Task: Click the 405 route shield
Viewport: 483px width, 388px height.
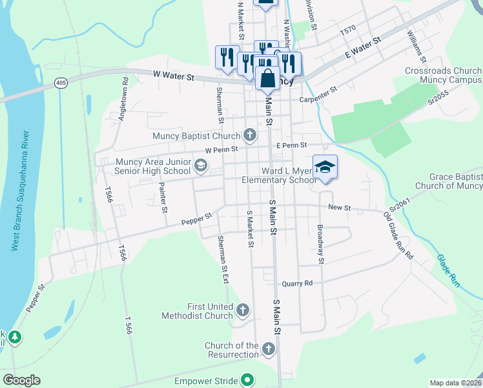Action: coord(61,83)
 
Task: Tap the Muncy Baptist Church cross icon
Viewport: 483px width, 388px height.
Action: coord(251,136)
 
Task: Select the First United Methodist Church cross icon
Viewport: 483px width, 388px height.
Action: coord(243,310)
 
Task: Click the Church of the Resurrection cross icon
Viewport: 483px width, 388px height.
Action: coord(269,349)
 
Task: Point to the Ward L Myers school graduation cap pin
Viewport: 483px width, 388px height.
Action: coord(325,167)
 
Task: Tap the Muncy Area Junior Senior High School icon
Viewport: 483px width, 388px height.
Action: coord(201,167)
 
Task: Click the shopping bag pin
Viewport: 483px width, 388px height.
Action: coord(267,78)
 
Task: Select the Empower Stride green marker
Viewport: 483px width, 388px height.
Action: coord(246,380)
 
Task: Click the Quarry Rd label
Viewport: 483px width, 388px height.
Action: coord(297,283)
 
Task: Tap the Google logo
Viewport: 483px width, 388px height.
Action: coord(21,380)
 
